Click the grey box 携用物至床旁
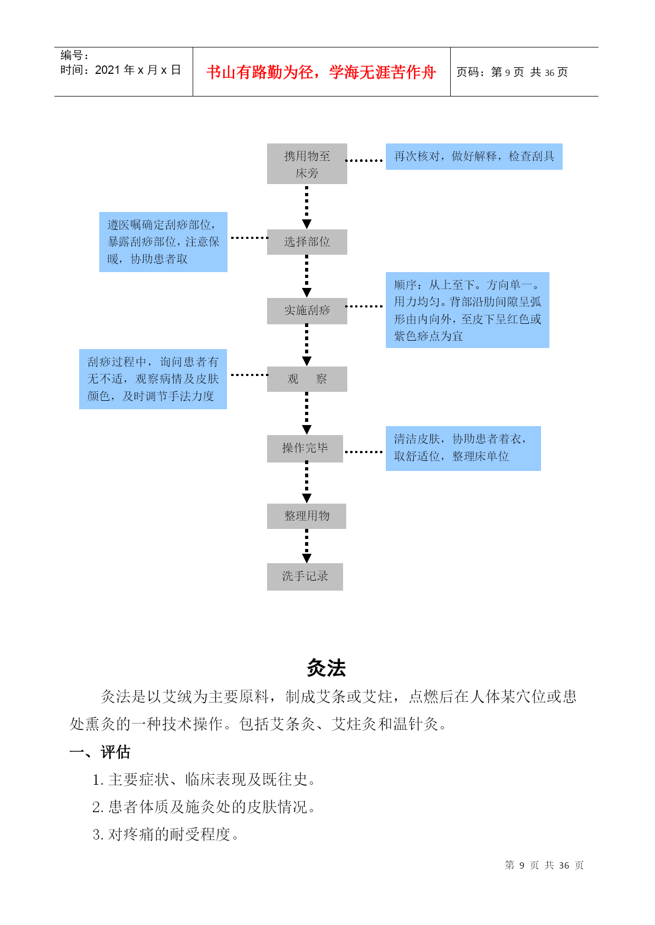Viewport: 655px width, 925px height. (307, 163)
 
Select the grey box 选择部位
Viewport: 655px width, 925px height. (307, 242)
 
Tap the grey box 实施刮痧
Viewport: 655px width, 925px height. (307, 311)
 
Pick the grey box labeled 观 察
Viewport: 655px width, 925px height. (307, 379)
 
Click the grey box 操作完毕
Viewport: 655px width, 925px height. (305, 448)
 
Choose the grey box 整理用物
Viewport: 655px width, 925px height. (307, 516)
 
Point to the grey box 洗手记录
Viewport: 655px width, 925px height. (305, 576)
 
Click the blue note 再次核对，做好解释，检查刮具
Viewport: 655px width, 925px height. (474, 157)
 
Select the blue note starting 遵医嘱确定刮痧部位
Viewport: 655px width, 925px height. (163, 242)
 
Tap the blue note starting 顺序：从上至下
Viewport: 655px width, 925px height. (468, 310)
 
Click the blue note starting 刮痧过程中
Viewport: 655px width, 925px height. (153, 379)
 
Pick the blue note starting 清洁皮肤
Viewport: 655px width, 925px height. (463, 448)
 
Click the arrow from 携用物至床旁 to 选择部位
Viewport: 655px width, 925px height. (307, 207)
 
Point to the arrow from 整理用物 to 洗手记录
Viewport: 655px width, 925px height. (307, 546)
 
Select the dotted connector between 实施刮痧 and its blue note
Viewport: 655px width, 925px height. (364, 306)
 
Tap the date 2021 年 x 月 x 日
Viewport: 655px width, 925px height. (138, 70)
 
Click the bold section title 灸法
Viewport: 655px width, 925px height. (326, 668)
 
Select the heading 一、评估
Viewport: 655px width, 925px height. (100, 752)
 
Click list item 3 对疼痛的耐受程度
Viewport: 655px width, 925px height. (166, 834)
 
